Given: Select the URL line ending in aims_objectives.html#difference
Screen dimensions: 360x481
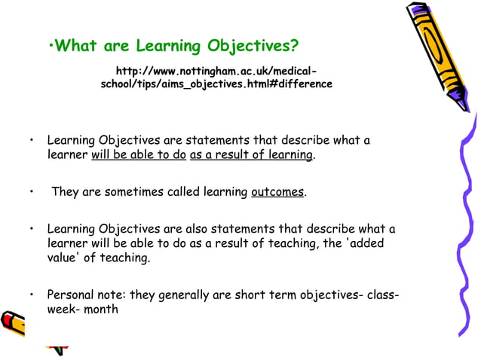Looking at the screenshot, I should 216,84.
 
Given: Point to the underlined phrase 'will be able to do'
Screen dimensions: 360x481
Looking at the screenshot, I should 139,155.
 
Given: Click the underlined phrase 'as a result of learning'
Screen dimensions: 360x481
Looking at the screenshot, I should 252,155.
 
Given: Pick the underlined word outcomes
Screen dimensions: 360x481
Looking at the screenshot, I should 277,192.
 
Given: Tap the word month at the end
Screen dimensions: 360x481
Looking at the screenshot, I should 101,309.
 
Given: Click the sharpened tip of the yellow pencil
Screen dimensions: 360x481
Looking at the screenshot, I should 473,105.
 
